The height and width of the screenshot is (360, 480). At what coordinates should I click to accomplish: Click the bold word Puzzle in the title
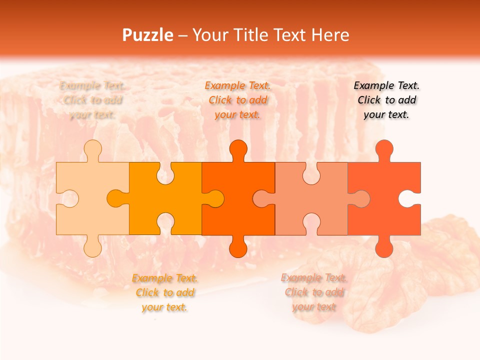[148, 35]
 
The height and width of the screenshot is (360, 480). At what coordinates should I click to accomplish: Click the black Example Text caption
[386, 100]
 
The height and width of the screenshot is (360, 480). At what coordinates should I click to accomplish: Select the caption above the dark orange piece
[238, 100]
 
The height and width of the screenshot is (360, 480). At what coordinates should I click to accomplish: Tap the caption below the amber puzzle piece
[164, 292]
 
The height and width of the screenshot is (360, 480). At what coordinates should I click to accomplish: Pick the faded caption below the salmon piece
[314, 292]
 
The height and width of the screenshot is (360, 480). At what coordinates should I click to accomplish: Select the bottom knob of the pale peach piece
[92, 247]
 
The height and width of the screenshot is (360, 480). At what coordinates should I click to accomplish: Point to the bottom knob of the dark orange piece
[238, 247]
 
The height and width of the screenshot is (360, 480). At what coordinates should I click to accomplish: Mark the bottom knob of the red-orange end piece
[384, 247]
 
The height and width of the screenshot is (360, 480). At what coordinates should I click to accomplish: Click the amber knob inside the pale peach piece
[117, 198]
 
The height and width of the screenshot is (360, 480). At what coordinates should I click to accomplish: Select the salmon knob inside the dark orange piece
[262, 198]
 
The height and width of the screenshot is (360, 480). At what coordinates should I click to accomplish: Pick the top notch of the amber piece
[165, 172]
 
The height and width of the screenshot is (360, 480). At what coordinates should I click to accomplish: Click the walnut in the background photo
[400, 270]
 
